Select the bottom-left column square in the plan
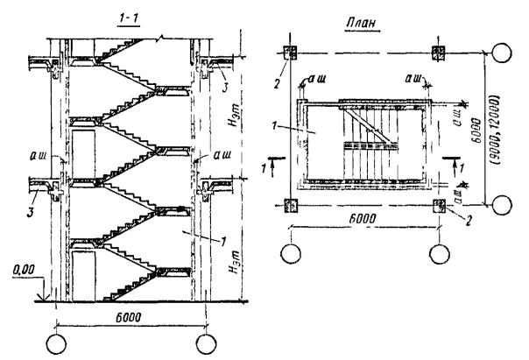[293, 206]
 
